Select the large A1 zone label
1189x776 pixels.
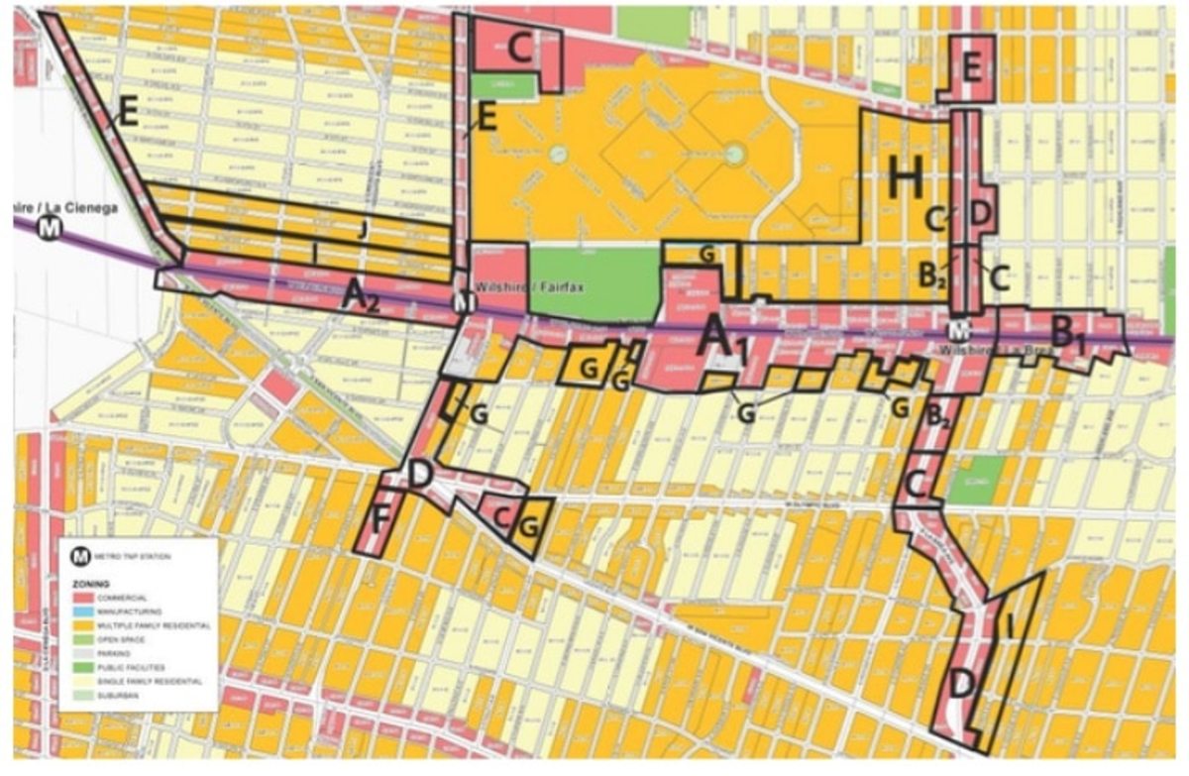tap(721, 339)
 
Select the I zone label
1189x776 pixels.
tap(1008, 626)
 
